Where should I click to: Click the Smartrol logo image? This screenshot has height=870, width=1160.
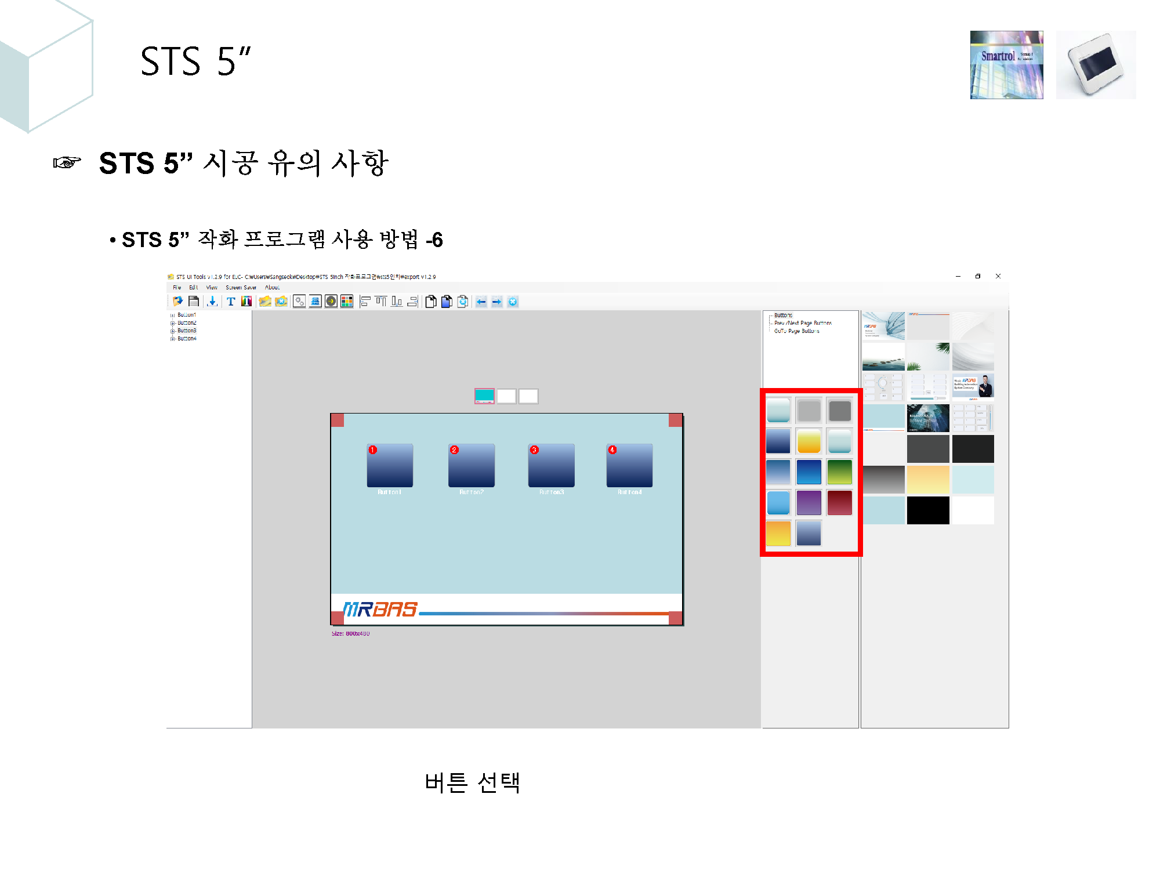(1006, 65)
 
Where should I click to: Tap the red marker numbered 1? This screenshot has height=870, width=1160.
(373, 450)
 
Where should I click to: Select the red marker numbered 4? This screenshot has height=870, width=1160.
(612, 450)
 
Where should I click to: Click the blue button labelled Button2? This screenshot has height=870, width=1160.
(471, 466)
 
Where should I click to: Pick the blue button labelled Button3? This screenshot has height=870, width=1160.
(551, 466)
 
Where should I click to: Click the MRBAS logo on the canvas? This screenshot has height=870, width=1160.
(380, 609)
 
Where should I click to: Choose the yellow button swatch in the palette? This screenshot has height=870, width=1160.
(809, 441)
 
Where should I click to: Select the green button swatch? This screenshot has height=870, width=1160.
(839, 472)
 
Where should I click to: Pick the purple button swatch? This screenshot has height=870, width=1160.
(809, 503)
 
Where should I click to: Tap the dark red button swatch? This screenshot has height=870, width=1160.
(839, 503)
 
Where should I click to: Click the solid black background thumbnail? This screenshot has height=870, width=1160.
(928, 510)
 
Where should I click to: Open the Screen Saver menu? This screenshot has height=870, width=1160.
(241, 288)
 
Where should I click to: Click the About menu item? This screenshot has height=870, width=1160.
(272, 288)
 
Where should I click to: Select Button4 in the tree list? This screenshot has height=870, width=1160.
(187, 339)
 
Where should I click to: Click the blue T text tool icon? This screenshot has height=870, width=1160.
(231, 302)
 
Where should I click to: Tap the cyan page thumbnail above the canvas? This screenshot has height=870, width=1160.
(484, 396)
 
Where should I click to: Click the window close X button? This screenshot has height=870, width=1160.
(998, 276)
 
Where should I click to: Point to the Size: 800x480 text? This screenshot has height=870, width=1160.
(350, 633)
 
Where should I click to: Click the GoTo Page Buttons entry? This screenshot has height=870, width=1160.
(796, 331)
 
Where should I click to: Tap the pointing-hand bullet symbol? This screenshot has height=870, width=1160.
(67, 162)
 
